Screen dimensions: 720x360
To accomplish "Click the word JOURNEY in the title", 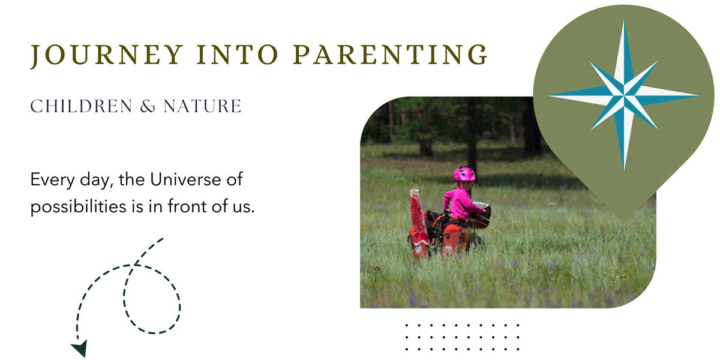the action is point(107,55).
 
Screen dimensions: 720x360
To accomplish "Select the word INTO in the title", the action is point(238,55).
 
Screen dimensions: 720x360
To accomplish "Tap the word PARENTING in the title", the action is point(391,55).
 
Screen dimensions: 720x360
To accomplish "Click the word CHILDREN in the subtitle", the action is point(82,106).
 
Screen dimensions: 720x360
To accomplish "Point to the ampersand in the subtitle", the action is point(148,106).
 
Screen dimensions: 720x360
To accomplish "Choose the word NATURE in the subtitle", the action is point(203,106).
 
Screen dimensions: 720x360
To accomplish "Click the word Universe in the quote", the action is point(185,179).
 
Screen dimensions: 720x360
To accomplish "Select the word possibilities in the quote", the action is point(78,206).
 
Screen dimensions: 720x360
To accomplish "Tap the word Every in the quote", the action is point(52,179).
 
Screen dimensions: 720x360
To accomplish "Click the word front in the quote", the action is point(188,206).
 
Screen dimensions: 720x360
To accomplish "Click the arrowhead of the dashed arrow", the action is point(80,348).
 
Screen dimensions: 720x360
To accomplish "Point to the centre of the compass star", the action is point(624,95).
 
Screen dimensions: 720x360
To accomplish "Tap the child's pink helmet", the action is point(464,174).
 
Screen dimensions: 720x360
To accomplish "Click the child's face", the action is point(465,185).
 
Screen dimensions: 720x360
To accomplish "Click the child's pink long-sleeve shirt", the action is point(461,204).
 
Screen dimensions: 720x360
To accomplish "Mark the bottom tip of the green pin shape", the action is point(624,222).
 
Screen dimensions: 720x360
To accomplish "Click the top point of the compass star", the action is point(624,20).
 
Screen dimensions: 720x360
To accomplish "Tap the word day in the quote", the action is point(95,180).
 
